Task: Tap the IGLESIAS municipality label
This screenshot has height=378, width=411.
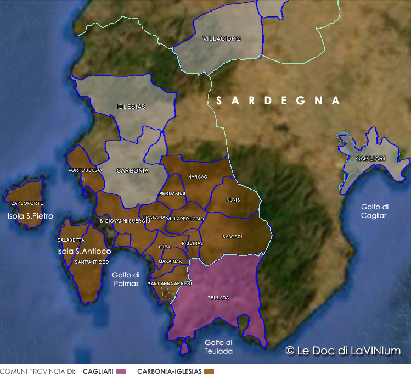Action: [x=131, y=107]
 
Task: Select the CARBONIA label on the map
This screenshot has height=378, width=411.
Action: [x=132, y=171]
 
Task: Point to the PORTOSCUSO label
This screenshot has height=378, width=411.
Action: [x=85, y=170]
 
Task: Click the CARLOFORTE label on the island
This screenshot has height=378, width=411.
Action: [x=27, y=203]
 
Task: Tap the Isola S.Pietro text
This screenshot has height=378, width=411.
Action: [x=30, y=216]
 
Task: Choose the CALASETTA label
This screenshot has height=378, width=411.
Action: [x=71, y=240]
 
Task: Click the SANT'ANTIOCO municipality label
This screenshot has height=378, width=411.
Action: [x=92, y=262]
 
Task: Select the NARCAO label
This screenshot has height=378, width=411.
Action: [x=198, y=177]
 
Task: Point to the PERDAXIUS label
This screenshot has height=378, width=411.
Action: [x=172, y=194]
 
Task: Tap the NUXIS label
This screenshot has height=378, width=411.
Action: [x=233, y=199]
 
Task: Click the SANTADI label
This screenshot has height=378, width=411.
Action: [x=232, y=237]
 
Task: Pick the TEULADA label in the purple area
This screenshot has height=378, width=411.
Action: [x=218, y=298]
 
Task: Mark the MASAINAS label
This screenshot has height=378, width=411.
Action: [x=170, y=262]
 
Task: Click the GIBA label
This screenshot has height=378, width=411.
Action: [x=165, y=247]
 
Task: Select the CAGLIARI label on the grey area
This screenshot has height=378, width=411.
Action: [x=370, y=158]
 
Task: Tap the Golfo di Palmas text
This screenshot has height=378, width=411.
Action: [x=125, y=279]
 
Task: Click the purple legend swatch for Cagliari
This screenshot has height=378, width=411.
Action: [x=121, y=372]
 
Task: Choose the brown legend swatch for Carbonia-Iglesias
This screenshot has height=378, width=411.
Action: [x=209, y=372]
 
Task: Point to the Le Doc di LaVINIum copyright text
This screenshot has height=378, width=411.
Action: [x=343, y=351]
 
